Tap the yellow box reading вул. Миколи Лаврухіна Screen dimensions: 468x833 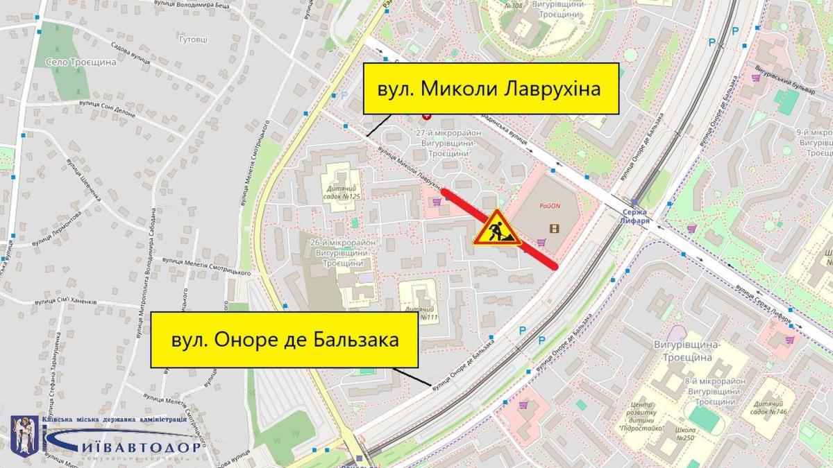pos(490,89)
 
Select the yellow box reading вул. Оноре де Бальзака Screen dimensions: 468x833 pos(285,340)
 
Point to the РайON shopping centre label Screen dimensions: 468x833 pos(548,206)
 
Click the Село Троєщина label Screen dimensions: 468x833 pos(81,62)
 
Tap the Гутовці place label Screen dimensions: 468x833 pos(193,40)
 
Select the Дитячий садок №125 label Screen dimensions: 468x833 pos(343,192)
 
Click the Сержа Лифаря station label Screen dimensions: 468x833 pos(634,216)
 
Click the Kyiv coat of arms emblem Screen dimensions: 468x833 pos(24,435)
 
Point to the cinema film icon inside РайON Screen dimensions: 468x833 pos(553,227)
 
